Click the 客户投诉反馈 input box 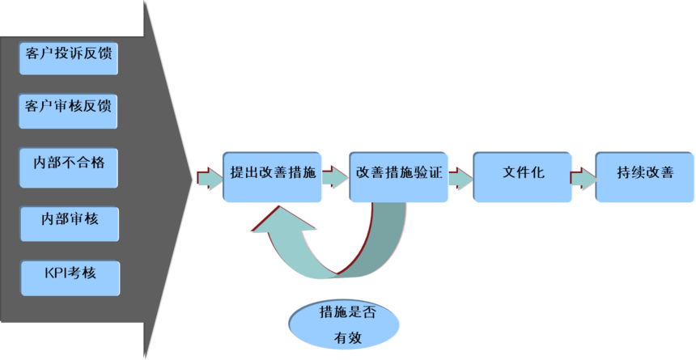click(68, 55)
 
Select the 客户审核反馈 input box click(68, 108)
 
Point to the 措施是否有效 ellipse click(343, 323)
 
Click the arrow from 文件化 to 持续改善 click(583, 176)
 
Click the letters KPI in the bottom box click(57, 272)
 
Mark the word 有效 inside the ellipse click(344, 337)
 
